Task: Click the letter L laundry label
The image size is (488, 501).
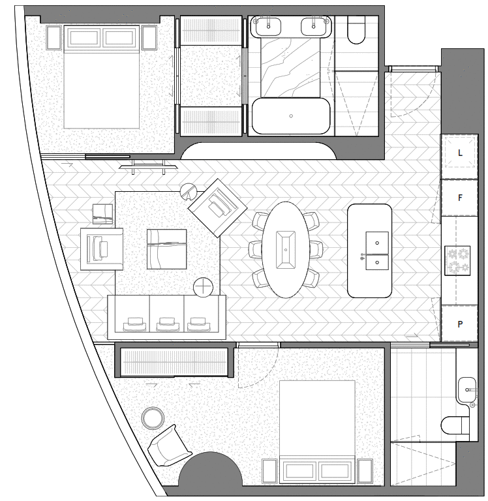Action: coord(461,153)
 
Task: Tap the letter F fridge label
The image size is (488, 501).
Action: coord(461,196)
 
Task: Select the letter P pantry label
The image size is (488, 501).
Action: coord(461,324)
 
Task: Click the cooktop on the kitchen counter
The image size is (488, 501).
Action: coord(461,260)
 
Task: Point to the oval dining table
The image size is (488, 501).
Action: coord(285,249)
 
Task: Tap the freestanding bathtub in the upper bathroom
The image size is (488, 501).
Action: coord(291,116)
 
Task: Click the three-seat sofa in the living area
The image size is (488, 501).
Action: coord(166,316)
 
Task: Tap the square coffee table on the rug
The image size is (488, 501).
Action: coord(166,248)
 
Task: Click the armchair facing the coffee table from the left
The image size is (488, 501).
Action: coord(101,249)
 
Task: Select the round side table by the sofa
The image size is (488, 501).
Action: coord(204,286)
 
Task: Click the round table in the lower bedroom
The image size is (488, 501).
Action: coord(154,417)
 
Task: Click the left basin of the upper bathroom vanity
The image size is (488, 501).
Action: coord(268,26)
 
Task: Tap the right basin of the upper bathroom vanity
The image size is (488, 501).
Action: coord(314,26)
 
